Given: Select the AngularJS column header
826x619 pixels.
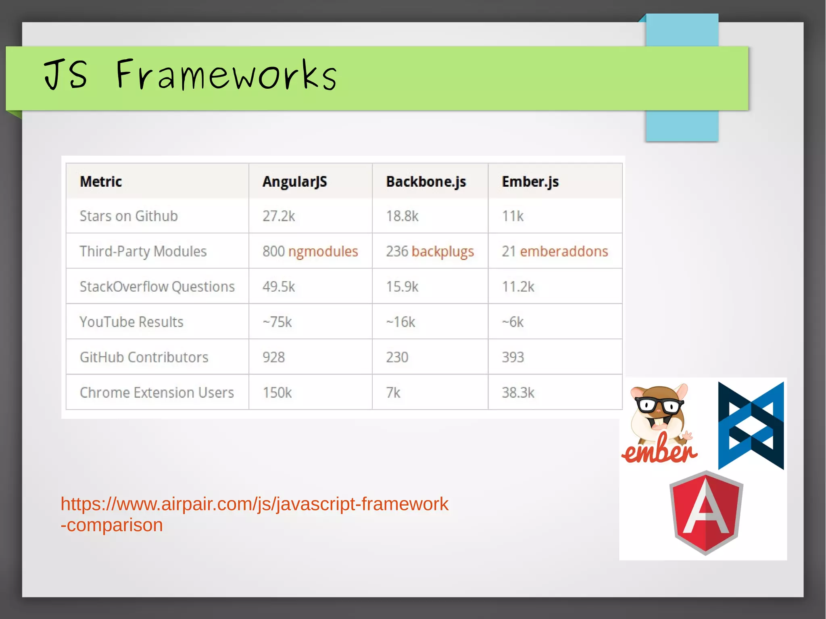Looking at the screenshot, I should click(x=294, y=181).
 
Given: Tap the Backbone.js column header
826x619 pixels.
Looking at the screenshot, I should click(x=426, y=181).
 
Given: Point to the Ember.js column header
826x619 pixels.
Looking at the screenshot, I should click(x=530, y=181).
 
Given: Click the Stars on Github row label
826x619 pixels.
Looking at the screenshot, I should click(x=129, y=216).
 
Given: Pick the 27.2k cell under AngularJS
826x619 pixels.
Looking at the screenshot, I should click(x=279, y=216).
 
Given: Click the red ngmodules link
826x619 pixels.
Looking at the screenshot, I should click(x=323, y=251).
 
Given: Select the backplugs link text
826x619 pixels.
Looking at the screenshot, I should click(x=442, y=251).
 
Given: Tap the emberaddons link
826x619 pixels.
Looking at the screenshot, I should click(x=563, y=251).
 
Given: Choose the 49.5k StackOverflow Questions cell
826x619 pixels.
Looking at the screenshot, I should click(x=279, y=287).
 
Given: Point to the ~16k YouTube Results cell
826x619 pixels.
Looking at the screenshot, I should click(x=400, y=322).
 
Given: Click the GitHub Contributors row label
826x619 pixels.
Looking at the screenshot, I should click(x=144, y=357).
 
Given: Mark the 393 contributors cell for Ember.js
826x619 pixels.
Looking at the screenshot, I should click(x=513, y=357).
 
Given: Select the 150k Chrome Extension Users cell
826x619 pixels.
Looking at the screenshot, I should click(x=277, y=392).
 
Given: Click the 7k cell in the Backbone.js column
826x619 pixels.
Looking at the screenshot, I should click(x=393, y=392).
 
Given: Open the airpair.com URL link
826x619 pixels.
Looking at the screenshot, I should click(x=254, y=504).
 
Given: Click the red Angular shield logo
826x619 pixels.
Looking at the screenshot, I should click(x=706, y=513).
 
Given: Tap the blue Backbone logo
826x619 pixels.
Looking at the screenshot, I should click(x=751, y=426).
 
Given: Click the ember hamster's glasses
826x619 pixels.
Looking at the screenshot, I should click(x=659, y=404).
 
